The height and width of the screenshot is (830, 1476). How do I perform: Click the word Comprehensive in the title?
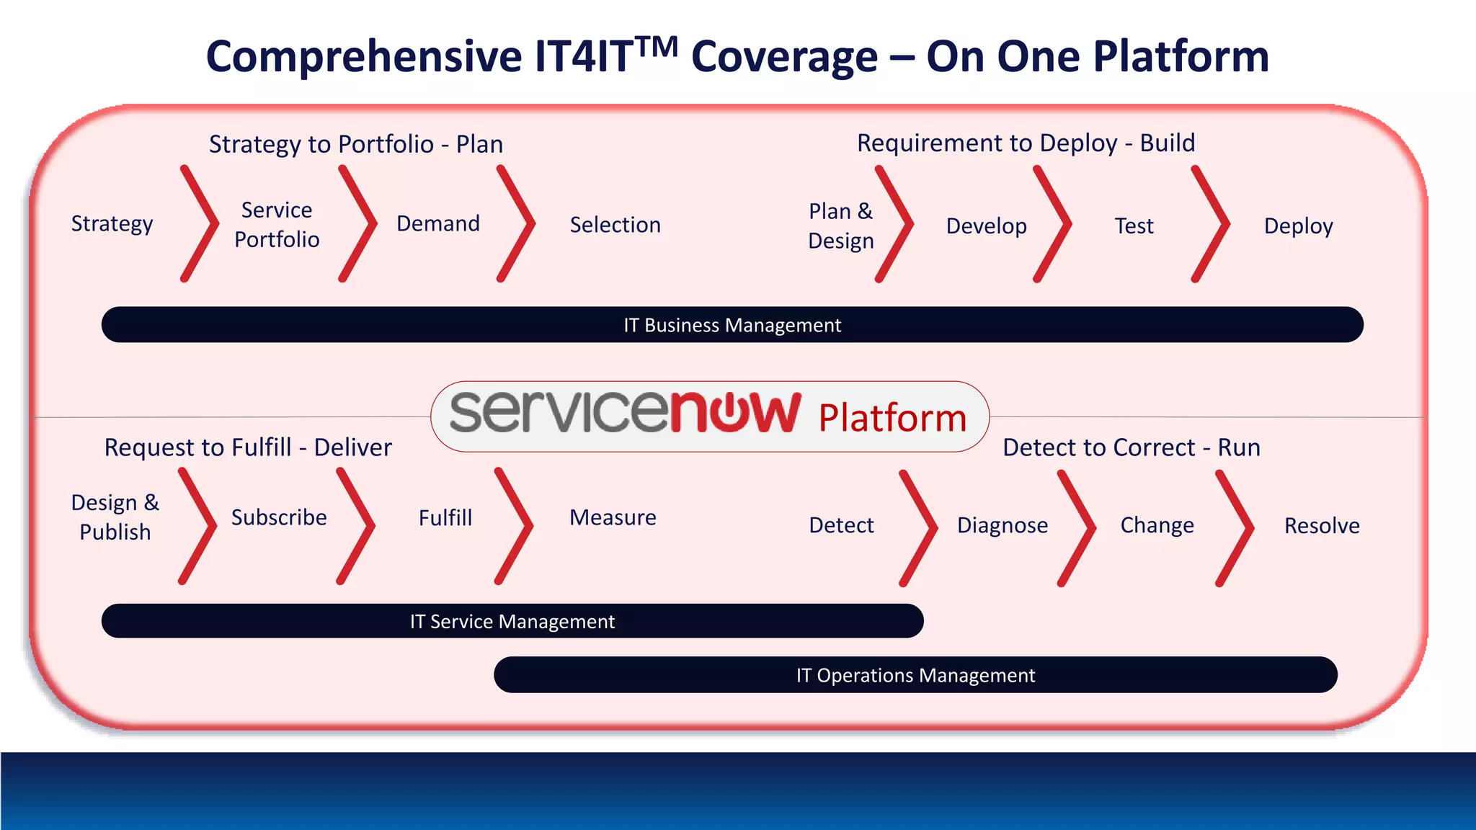(x=363, y=58)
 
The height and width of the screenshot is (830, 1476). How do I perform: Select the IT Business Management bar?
(x=732, y=325)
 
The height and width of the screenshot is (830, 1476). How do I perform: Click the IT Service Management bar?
(x=512, y=621)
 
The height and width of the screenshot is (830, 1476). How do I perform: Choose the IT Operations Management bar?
(x=915, y=675)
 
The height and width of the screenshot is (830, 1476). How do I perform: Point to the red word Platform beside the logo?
(x=892, y=418)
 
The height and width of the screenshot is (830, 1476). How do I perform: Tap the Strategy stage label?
(x=112, y=224)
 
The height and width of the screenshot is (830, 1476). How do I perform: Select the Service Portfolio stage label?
(x=277, y=225)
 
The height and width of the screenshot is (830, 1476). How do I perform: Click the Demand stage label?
(x=438, y=224)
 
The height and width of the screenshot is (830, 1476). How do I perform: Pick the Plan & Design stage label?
(x=840, y=226)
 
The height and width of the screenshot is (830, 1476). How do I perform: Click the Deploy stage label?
(x=1298, y=226)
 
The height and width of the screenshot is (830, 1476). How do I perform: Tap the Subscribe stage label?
(x=279, y=517)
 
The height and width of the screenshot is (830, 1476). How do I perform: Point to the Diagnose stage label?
(x=1002, y=525)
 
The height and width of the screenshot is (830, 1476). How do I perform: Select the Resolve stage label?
(x=1322, y=526)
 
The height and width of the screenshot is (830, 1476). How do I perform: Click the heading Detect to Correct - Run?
(x=1132, y=447)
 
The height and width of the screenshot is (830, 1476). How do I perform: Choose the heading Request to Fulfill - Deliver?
(x=248, y=447)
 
